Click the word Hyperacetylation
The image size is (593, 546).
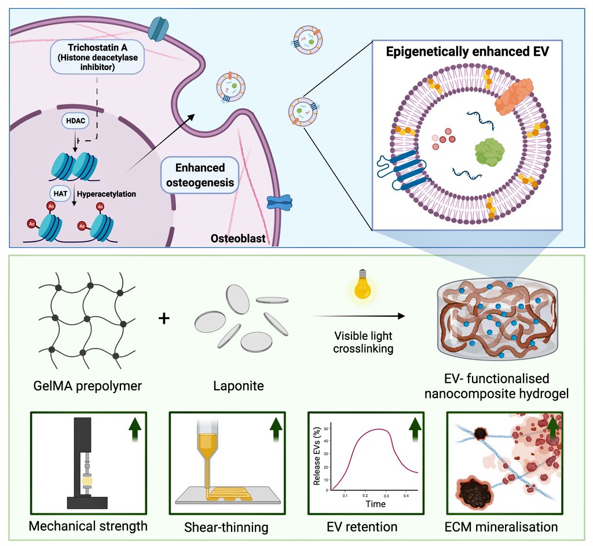[x=109, y=194]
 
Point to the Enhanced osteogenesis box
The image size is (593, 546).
[x=200, y=176]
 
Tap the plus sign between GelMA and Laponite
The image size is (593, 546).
[x=164, y=318]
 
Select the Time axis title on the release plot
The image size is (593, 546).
[x=375, y=504]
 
